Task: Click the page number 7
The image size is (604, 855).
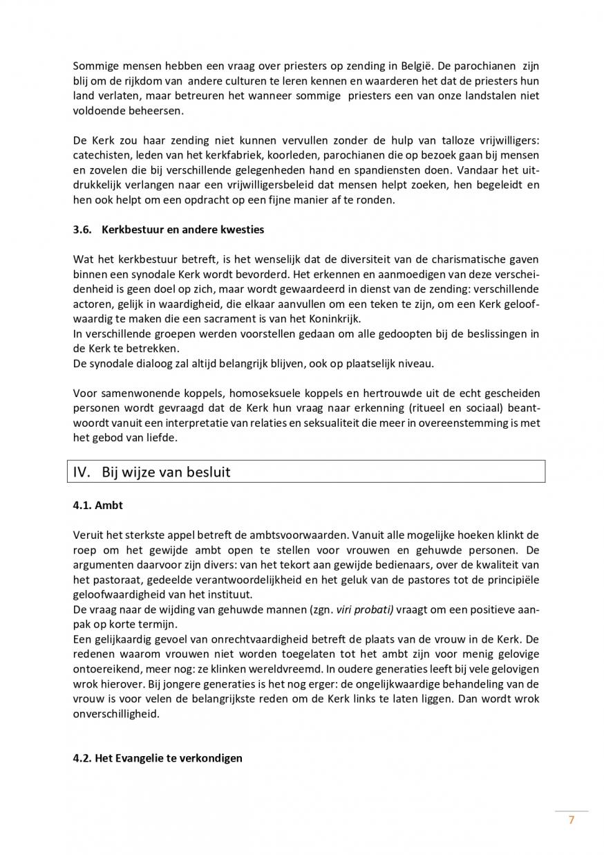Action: [572, 820]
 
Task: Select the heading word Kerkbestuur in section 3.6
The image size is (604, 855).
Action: [131, 229]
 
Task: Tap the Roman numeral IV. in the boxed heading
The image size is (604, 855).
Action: [84, 472]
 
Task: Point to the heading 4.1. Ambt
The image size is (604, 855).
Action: [97, 505]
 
